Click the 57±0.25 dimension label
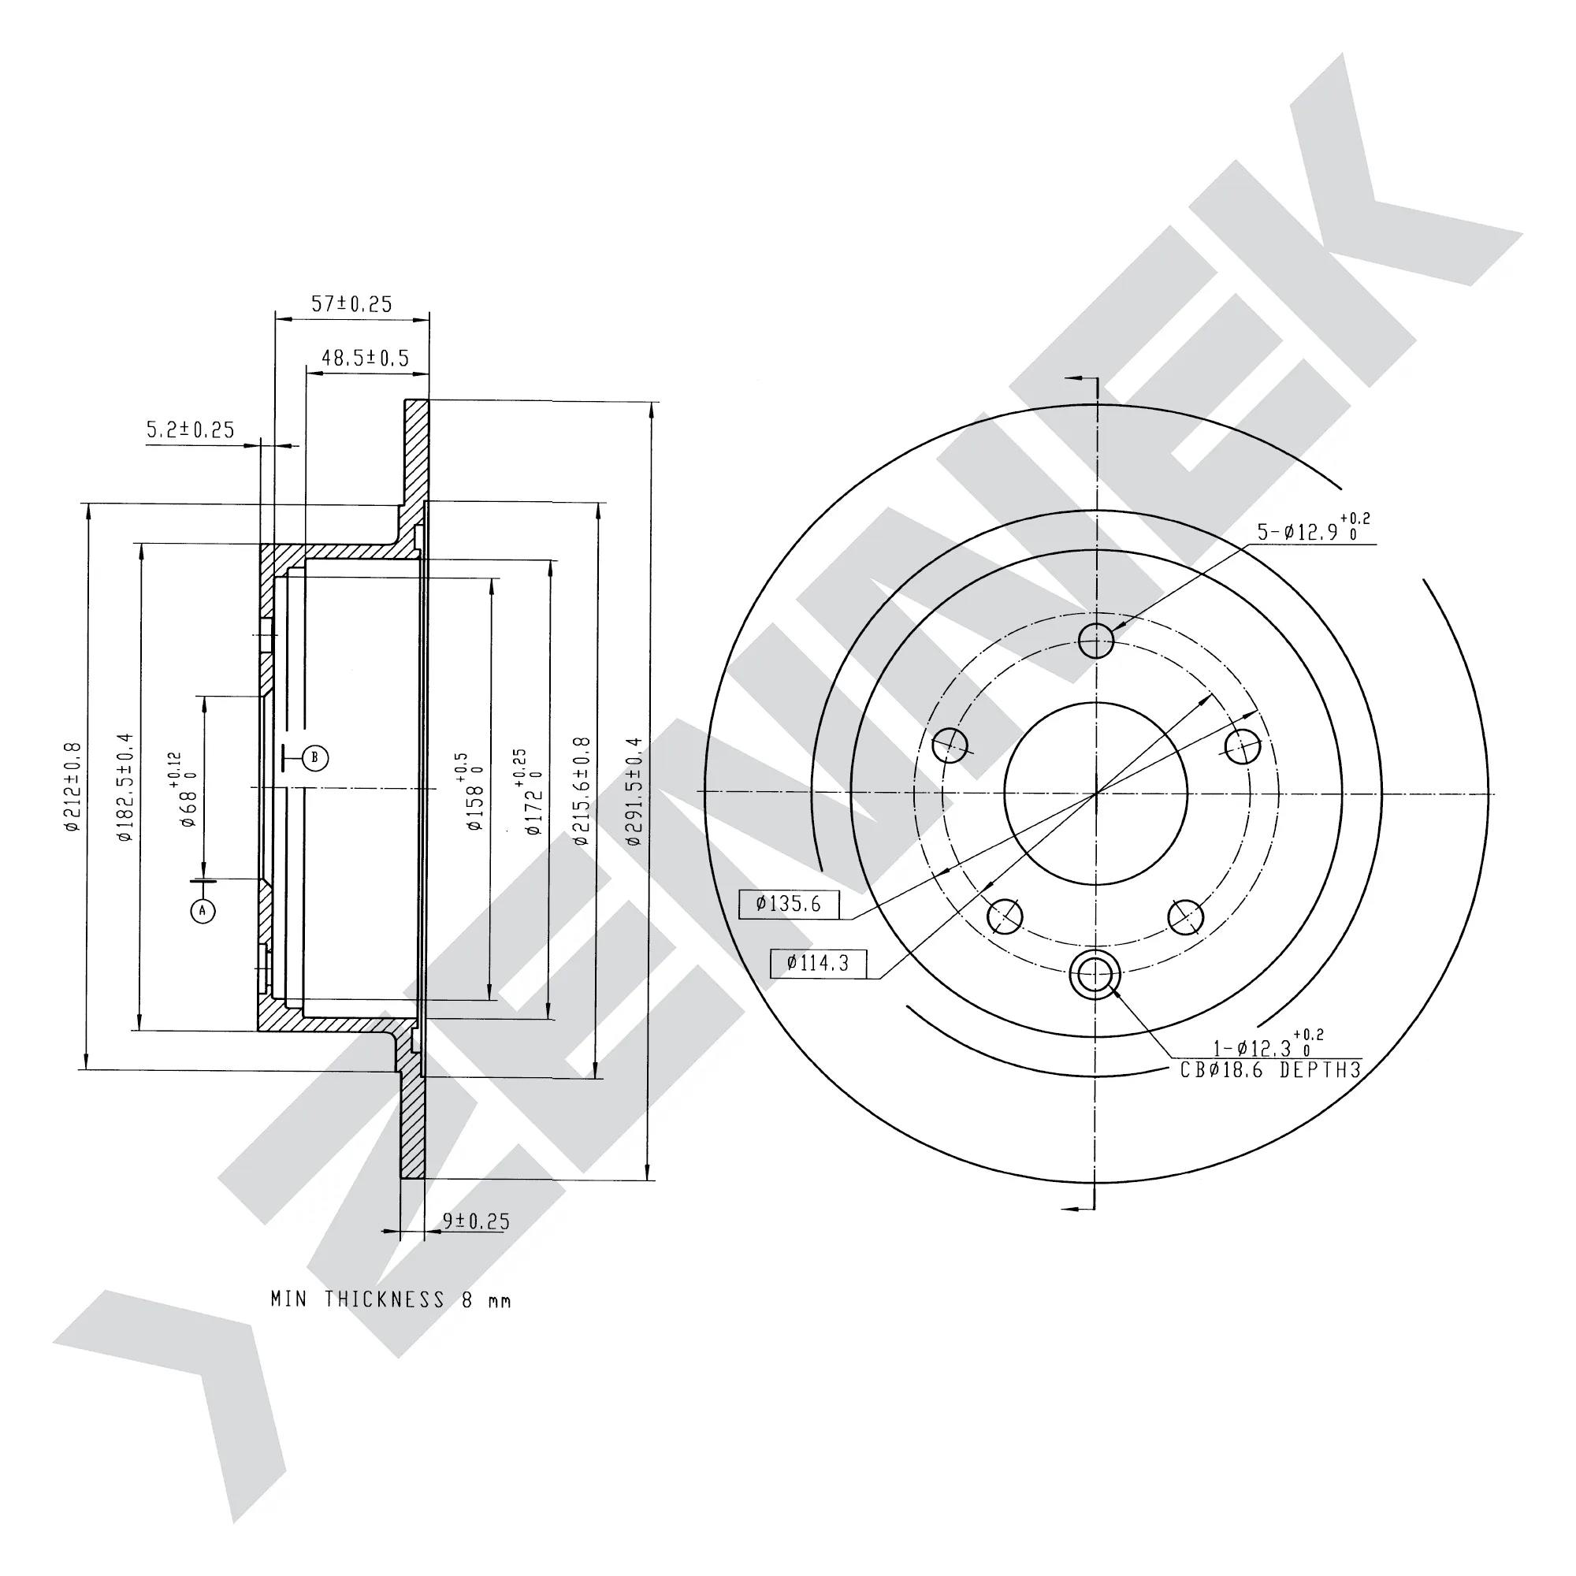[351, 304]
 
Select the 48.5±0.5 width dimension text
[366, 358]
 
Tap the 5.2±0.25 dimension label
[190, 430]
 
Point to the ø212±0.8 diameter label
[72, 787]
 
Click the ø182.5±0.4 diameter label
[124, 787]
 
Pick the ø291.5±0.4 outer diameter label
[634, 790]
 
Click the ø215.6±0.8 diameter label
[581, 790]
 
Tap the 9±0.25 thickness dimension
[477, 1221]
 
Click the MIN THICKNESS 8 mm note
[391, 1299]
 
